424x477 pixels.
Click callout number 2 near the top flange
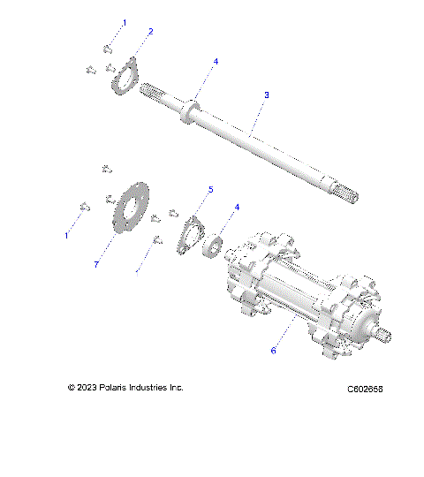(151, 31)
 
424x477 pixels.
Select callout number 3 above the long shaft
(267, 94)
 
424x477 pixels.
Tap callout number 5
(211, 189)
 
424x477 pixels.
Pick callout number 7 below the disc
(96, 264)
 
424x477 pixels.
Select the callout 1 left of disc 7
(66, 236)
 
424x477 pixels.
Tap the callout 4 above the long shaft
(216, 61)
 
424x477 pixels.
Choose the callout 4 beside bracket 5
(236, 208)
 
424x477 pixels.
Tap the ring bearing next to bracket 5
(214, 245)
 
